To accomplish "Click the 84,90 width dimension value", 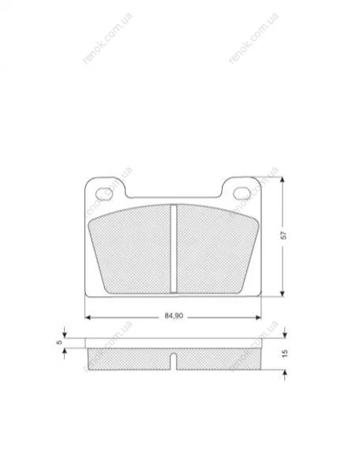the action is [174, 316].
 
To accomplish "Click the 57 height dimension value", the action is [283, 235].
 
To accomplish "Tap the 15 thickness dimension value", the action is [285, 354].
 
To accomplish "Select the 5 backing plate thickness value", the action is [59, 342].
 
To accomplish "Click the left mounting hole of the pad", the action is [104, 193].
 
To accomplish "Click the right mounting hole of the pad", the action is [242, 193].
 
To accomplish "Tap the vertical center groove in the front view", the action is [174, 249].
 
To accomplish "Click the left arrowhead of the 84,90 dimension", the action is [88, 317].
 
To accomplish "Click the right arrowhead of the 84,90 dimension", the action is [258, 317].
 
